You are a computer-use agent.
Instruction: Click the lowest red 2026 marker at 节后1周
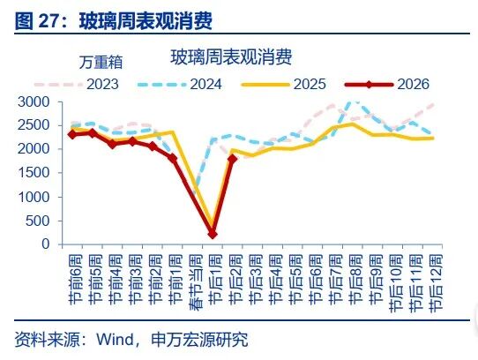tap(213, 234)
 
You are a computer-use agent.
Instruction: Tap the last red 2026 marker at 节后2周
tap(232, 159)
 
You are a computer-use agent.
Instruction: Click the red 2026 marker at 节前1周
tap(172, 158)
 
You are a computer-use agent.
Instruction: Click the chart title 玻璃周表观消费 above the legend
tap(231, 57)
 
